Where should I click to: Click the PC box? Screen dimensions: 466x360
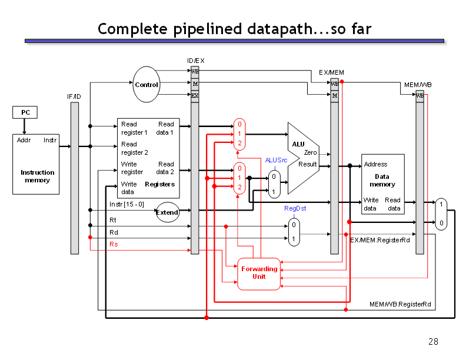(25, 112)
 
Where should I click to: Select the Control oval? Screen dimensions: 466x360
(147, 84)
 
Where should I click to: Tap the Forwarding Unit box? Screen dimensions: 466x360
(259, 274)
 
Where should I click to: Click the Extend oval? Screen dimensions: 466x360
(167, 212)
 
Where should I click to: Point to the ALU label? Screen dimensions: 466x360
(298, 144)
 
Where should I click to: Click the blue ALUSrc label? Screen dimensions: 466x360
(276, 160)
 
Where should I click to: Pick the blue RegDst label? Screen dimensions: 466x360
(295, 208)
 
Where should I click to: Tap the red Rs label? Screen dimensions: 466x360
(114, 244)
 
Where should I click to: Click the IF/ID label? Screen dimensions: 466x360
(74, 96)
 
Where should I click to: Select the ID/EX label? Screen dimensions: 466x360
(195, 61)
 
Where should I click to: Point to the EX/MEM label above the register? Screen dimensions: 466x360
(331, 72)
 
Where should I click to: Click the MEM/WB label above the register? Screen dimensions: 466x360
(418, 85)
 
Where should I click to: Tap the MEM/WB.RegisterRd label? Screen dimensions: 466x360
(400, 304)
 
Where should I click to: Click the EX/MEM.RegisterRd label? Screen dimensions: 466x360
(380, 240)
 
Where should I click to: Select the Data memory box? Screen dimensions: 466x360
(383, 184)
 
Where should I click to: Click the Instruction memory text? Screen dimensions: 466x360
(38, 176)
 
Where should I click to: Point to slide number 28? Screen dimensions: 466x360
(433, 342)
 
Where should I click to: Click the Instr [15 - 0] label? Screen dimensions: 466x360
(127, 204)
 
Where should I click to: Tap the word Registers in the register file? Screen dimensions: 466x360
(159, 185)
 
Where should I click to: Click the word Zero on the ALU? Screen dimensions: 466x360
(310, 152)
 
